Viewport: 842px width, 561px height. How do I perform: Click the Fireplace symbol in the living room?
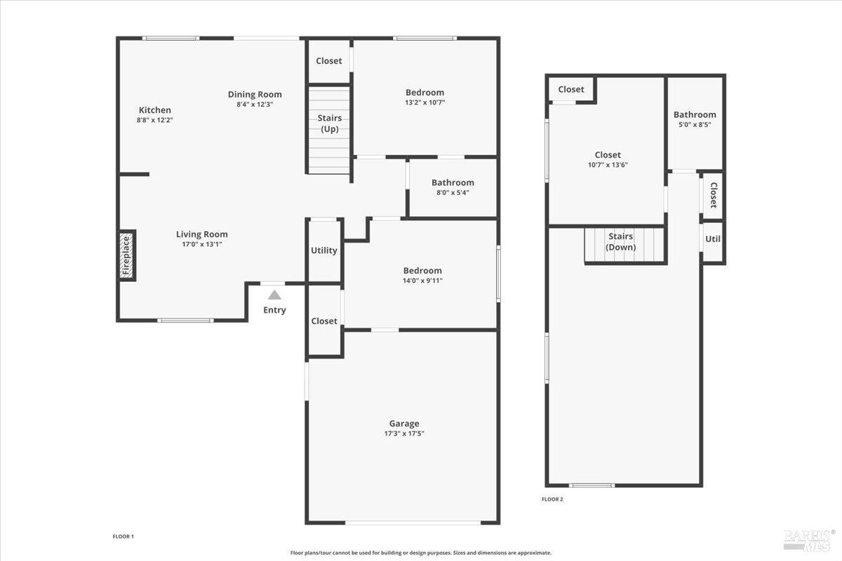pos(127,255)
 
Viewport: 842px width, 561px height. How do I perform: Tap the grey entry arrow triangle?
pos(274,295)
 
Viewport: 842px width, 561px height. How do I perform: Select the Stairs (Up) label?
pos(330,123)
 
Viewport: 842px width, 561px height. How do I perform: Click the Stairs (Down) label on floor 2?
pos(621,242)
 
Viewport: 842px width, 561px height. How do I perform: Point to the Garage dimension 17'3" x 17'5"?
pos(404,433)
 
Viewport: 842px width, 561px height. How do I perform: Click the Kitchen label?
pos(154,110)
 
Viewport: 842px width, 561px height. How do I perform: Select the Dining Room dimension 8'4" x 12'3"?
pos(255,104)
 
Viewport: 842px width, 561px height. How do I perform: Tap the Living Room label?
pos(201,234)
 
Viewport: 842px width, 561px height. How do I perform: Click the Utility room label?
pos(324,250)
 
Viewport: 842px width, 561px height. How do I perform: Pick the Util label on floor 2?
pos(713,239)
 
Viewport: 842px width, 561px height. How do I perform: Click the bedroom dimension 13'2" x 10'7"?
pos(425,102)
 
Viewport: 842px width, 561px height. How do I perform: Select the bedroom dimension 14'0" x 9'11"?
pos(422,280)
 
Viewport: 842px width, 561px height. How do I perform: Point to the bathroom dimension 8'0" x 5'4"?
pos(453,192)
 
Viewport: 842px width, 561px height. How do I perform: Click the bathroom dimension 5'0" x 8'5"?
pos(695,125)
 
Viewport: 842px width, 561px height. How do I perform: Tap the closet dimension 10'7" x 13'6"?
pos(608,165)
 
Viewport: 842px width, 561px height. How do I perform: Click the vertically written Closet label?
pos(713,196)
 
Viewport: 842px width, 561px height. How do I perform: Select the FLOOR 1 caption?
pos(123,536)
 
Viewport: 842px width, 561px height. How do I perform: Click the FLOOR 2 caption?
pos(552,499)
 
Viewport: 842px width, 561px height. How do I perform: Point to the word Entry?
pos(274,310)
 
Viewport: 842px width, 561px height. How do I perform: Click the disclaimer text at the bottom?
pos(421,553)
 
